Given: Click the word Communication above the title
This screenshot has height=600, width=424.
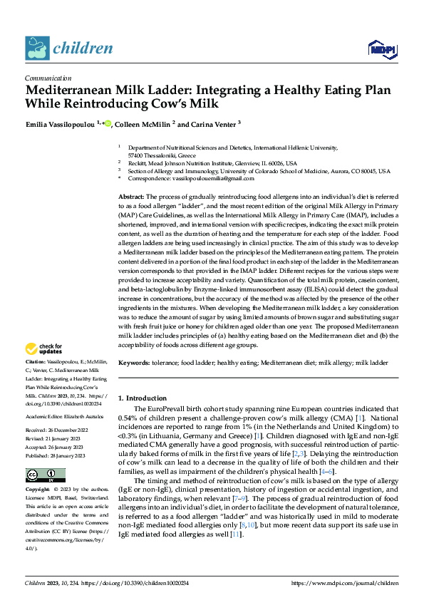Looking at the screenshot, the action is pyautogui.click(x=48, y=78).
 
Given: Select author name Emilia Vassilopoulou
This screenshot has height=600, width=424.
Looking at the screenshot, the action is pyautogui.click(x=63, y=124).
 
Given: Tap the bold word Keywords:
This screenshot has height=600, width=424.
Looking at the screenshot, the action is pyautogui.click(x=136, y=363).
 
